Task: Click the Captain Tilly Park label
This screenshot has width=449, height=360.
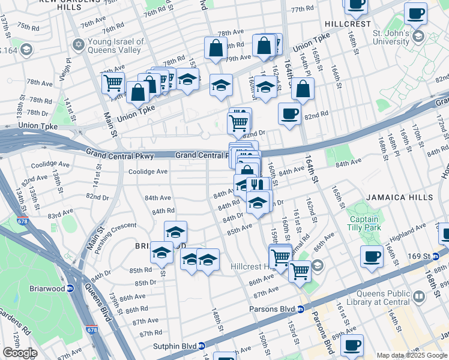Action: [x=364, y=223]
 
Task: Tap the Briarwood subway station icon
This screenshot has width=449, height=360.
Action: [x=70, y=288]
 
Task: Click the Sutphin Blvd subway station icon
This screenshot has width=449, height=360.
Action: [x=202, y=346]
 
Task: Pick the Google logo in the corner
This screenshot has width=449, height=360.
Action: [x=20, y=353]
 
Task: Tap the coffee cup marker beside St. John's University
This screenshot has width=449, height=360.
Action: [x=415, y=13]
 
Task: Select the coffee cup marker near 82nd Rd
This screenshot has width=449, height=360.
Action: [x=289, y=113]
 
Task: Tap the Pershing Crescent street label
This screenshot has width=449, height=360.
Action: [x=116, y=226]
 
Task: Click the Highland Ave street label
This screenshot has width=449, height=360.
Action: [x=407, y=230]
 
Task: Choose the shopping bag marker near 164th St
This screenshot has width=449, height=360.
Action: [x=303, y=89]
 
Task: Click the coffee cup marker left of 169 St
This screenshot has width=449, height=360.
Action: [x=372, y=257]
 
